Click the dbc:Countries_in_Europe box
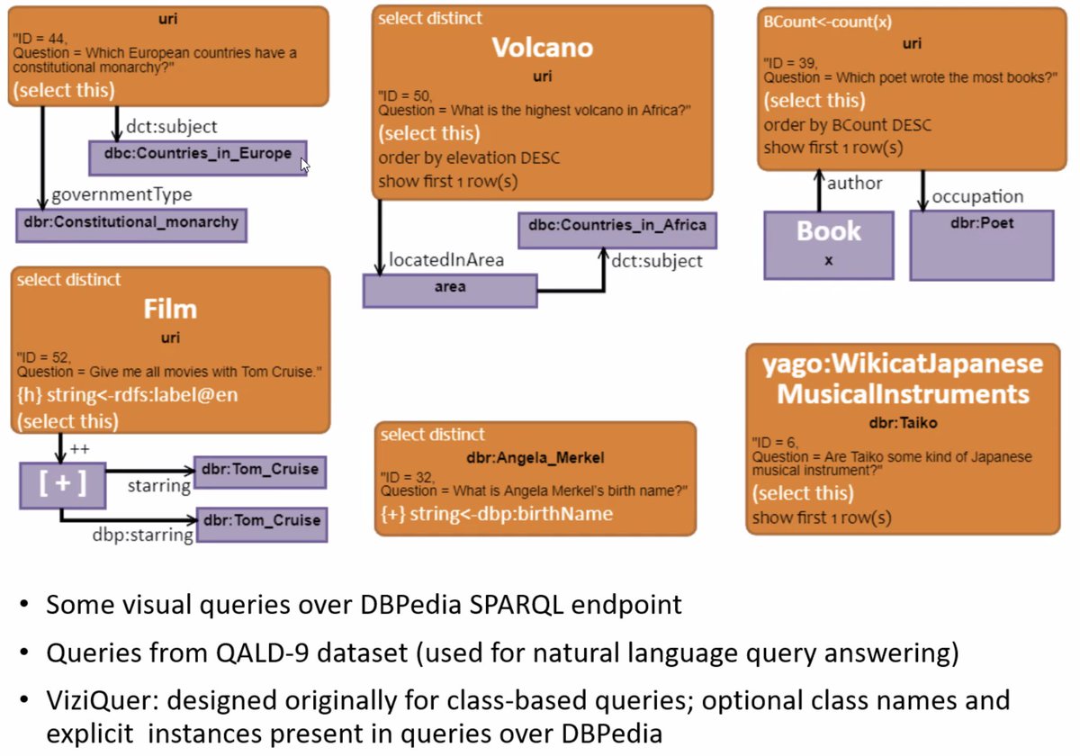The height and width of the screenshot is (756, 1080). (x=197, y=157)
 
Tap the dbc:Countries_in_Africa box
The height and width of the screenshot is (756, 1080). (x=617, y=229)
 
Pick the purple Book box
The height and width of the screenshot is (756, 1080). (x=829, y=244)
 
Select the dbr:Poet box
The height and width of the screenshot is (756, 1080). (x=981, y=244)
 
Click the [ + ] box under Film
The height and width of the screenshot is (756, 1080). (x=62, y=483)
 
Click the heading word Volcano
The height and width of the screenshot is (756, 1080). (x=542, y=48)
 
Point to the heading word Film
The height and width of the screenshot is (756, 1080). (x=170, y=310)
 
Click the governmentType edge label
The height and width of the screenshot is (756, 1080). (x=121, y=193)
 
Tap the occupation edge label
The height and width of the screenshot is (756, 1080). (x=977, y=195)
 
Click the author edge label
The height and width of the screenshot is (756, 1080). (x=854, y=184)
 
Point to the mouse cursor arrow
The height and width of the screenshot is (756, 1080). (x=304, y=164)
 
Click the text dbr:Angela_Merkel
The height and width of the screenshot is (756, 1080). (x=535, y=458)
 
